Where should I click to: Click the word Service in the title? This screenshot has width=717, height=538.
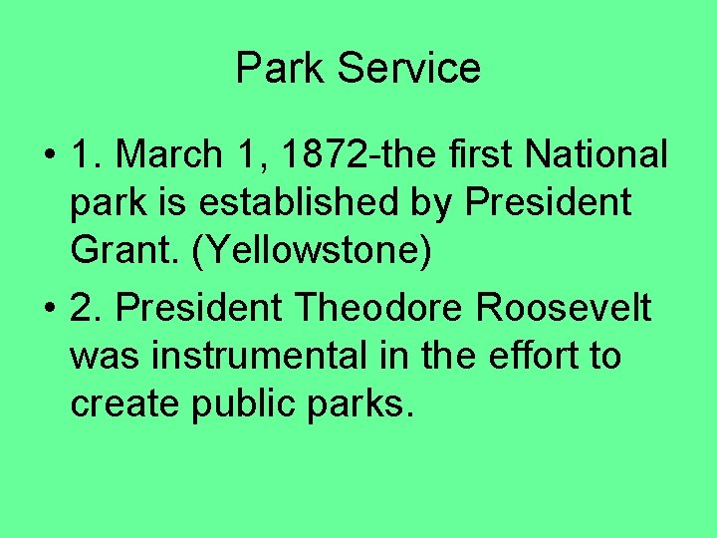[x=409, y=69]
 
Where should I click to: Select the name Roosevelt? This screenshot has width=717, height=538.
[x=565, y=308]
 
